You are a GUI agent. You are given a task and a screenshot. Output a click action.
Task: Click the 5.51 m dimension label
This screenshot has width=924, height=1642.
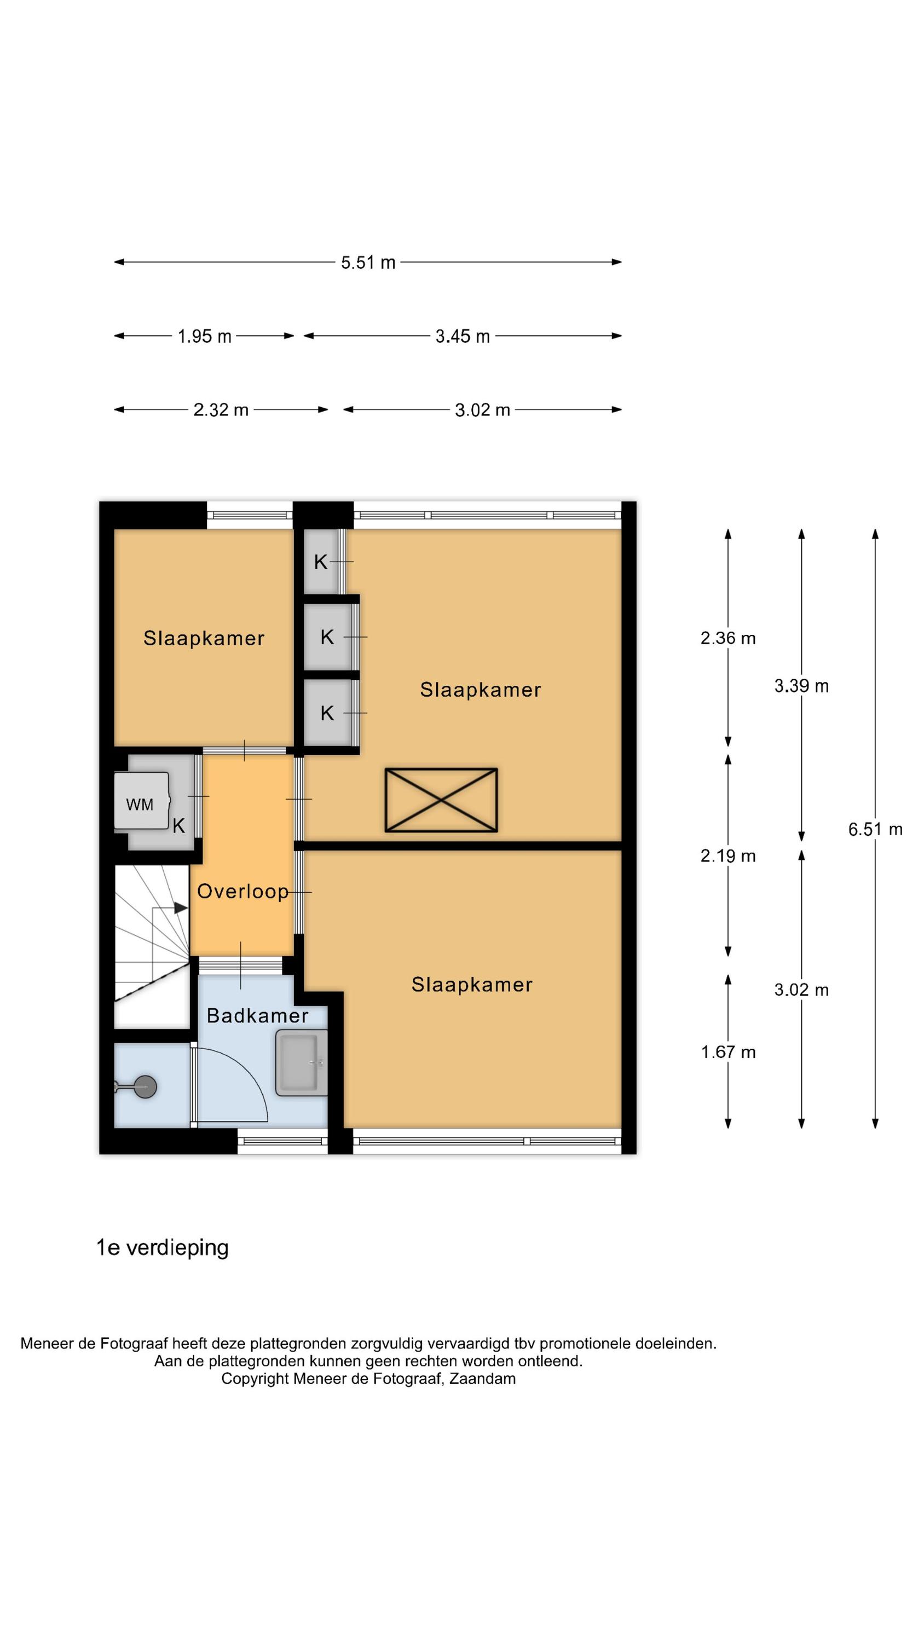(368, 263)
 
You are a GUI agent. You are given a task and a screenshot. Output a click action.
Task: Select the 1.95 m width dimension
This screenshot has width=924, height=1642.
(204, 337)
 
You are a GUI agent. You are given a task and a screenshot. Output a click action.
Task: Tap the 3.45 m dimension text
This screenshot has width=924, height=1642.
(463, 337)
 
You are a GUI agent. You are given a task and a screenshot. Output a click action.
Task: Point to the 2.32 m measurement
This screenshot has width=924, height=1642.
(221, 410)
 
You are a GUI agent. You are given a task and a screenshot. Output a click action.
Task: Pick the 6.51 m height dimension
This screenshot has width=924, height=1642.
(875, 829)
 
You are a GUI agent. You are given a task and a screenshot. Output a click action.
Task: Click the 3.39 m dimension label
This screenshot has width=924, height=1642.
(801, 686)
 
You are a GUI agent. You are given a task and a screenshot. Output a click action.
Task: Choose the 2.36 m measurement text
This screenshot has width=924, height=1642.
(727, 638)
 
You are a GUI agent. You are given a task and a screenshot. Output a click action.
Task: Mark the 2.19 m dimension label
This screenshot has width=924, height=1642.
(727, 856)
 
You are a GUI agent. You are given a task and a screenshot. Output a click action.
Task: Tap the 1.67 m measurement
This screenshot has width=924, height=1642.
(727, 1052)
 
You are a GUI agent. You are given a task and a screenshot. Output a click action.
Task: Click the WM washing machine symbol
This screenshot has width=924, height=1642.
(142, 801)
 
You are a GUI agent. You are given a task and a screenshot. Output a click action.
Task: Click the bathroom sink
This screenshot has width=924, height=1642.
(301, 1062)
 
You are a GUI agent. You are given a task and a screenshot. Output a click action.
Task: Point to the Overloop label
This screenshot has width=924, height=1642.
(242, 891)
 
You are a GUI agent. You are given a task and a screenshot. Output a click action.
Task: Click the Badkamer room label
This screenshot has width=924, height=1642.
(258, 1015)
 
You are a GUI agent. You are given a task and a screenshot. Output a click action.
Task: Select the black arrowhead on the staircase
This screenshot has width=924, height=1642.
(181, 907)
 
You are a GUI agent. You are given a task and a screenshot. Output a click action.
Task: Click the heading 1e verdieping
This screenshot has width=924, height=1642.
(162, 1248)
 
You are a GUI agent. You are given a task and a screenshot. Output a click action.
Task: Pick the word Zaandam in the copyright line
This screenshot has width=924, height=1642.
(482, 1379)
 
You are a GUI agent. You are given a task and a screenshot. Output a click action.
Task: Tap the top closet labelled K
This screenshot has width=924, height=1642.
(321, 562)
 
